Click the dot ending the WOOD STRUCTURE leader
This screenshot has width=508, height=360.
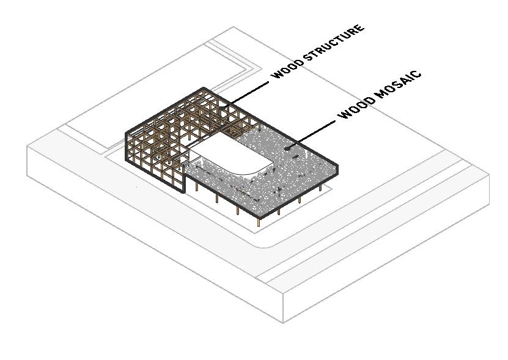(x=224, y=110)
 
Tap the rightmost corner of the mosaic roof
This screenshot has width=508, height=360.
(x=337, y=173)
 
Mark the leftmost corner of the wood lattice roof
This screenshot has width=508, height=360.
(x=127, y=133)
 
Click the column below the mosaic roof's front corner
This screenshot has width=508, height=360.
(x=259, y=224)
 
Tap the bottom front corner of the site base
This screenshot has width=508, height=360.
(x=283, y=322)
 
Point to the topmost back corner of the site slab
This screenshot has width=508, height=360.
(x=234, y=27)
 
